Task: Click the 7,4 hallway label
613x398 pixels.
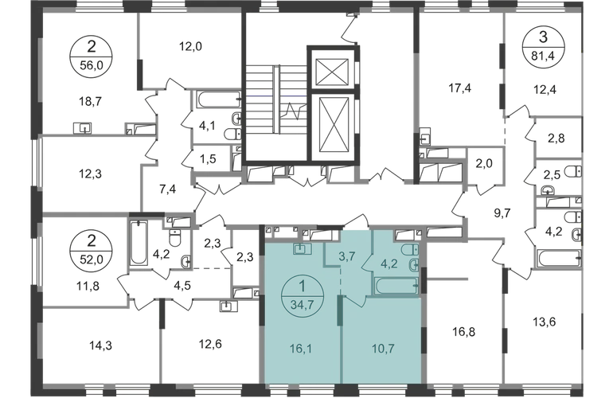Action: (x=167, y=189)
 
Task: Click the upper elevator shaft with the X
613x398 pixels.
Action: (x=328, y=72)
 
